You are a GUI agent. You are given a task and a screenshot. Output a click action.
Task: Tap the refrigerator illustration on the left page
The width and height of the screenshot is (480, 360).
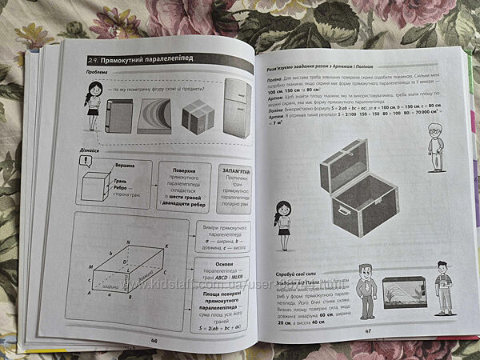pyautogui.click(x=237, y=106)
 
